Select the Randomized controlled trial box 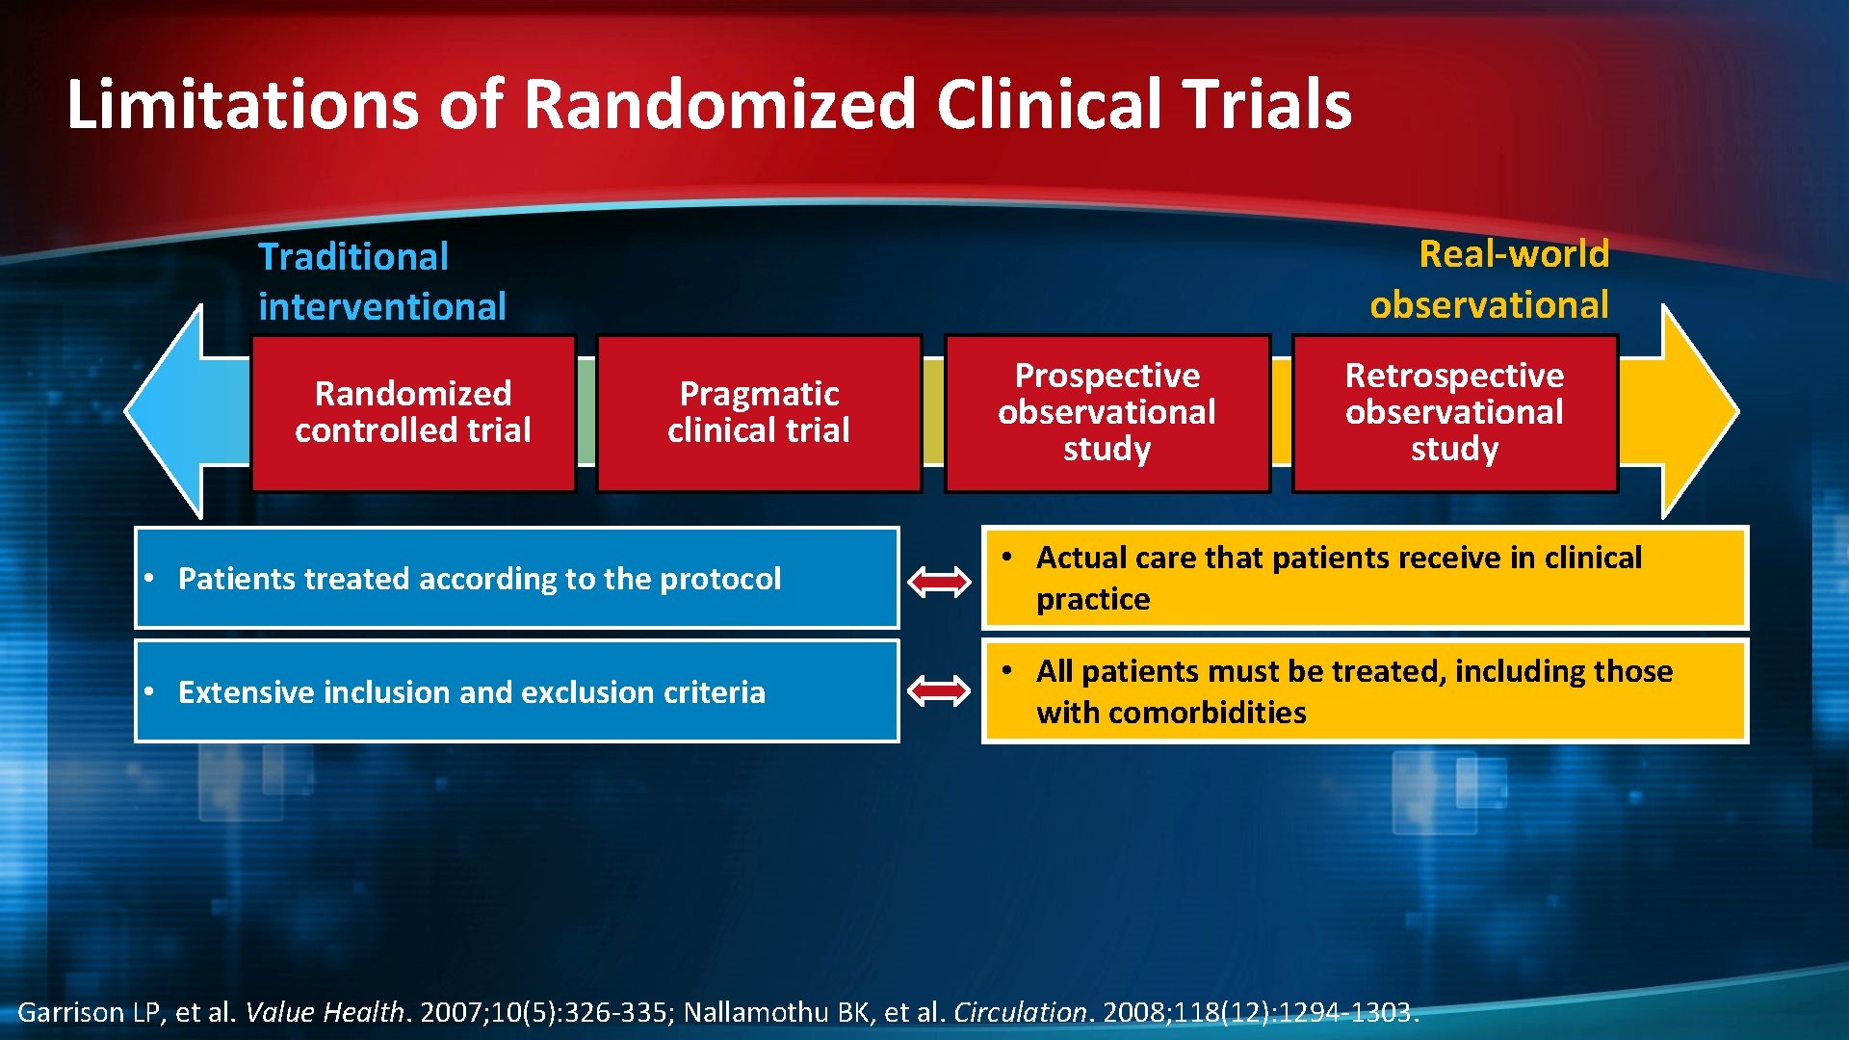point(413,413)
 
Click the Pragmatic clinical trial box point(759,413)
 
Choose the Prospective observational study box point(1107,413)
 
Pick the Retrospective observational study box point(1454,413)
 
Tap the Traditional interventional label point(381,281)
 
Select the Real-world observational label point(1490,279)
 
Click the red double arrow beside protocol point(939,581)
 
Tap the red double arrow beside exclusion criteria point(939,690)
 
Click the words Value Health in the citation point(325,1012)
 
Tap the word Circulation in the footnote point(1020,1012)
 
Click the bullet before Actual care point(1006,557)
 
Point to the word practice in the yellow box point(1093,600)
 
